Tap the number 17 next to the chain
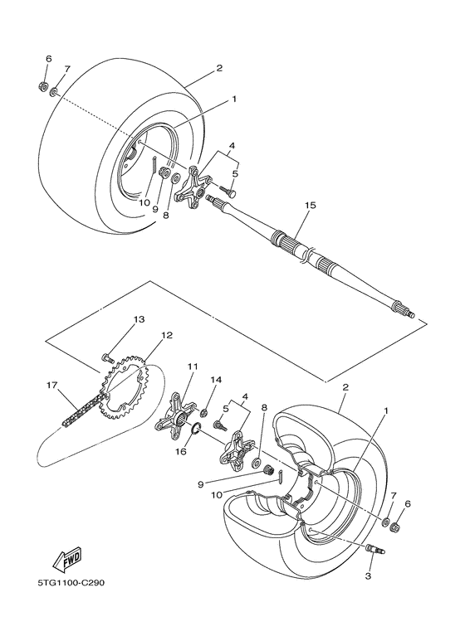pyautogui.click(x=51, y=385)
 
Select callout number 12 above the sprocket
pyautogui.click(x=167, y=335)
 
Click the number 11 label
pyautogui.click(x=192, y=366)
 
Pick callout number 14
pyautogui.click(x=217, y=380)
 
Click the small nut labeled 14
pyautogui.click(x=205, y=412)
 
